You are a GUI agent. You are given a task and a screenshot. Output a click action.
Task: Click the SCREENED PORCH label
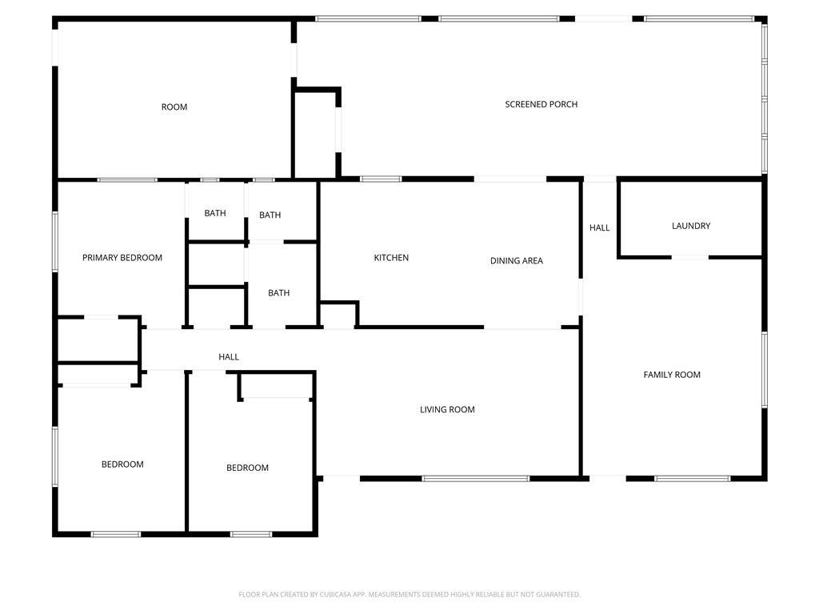(x=541, y=105)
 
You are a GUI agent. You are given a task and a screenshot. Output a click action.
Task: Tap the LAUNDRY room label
(x=690, y=226)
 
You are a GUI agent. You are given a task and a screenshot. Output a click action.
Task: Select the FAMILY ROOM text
(x=672, y=375)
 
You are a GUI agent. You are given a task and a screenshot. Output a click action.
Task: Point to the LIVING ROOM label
(x=447, y=409)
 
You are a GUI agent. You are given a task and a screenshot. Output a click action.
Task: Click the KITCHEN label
(x=391, y=258)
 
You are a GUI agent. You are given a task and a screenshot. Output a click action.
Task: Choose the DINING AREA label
(x=516, y=260)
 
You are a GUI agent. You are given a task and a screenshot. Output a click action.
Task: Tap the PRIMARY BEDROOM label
(x=122, y=258)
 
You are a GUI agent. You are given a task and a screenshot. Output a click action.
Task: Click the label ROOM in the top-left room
(x=174, y=107)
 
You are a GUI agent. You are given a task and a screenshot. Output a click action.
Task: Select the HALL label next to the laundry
(x=599, y=227)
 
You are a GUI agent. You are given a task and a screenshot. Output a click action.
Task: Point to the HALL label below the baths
(x=228, y=357)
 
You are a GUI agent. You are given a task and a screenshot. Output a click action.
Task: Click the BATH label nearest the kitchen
(x=278, y=293)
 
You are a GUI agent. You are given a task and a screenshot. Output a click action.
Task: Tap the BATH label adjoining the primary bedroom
(x=214, y=213)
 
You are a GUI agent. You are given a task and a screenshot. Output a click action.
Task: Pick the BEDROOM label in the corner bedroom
(x=122, y=464)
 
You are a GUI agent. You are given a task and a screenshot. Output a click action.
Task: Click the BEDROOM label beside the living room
(x=247, y=468)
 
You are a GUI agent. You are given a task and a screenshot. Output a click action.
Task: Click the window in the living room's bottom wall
(x=475, y=479)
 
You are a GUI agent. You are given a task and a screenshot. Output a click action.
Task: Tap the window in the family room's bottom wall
(x=692, y=479)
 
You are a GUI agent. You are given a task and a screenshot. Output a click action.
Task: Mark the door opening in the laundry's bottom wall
(x=689, y=257)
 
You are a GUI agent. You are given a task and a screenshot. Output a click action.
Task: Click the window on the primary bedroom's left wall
(x=55, y=242)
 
